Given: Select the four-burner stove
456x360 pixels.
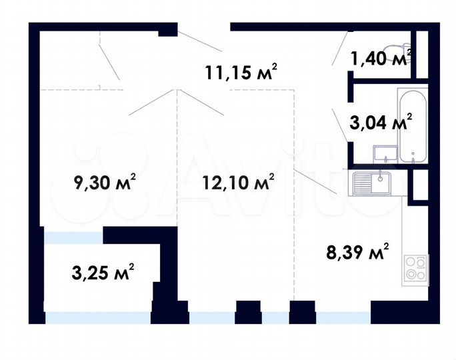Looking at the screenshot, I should [x=417, y=269].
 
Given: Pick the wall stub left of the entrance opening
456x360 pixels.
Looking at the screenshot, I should [x=167, y=29].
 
